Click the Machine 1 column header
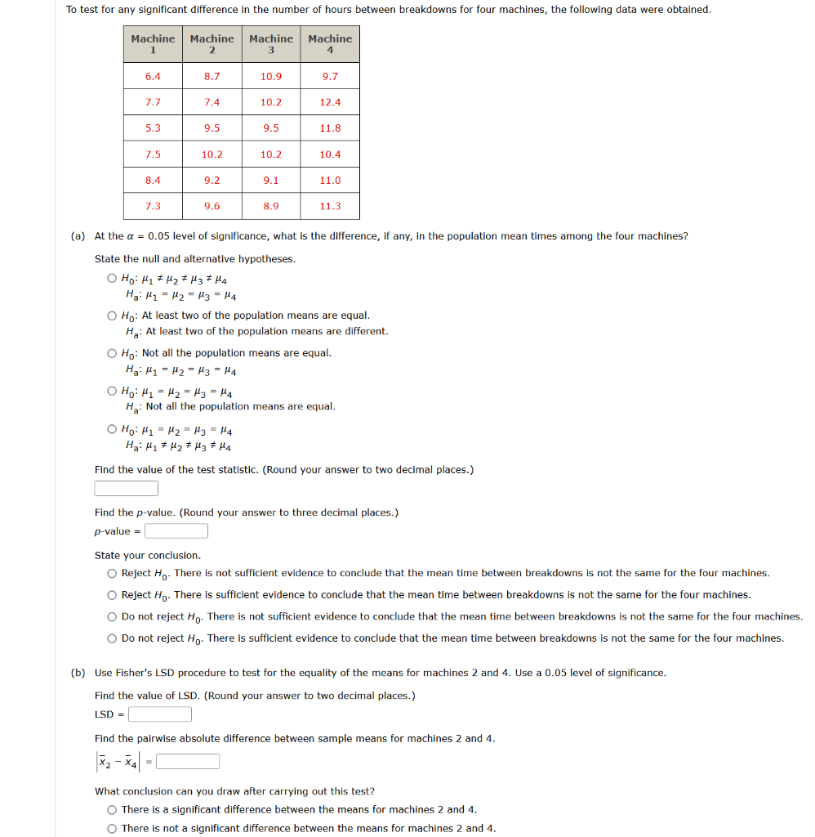pyautogui.click(x=153, y=44)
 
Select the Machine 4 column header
pyautogui.click(x=330, y=44)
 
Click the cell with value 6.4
pyautogui.click(x=153, y=76)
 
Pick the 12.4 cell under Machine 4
pyautogui.click(x=330, y=102)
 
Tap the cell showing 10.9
pyautogui.click(x=271, y=76)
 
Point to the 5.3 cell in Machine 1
pyautogui.click(x=153, y=128)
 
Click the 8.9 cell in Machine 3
pyautogui.click(x=271, y=206)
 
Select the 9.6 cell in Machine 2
pyautogui.click(x=212, y=206)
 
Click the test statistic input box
pyautogui.click(x=127, y=489)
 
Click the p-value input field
pyautogui.click(x=176, y=531)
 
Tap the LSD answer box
pyautogui.click(x=160, y=714)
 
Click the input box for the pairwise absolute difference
pyautogui.click(x=188, y=762)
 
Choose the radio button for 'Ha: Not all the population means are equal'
pyautogui.click(x=112, y=391)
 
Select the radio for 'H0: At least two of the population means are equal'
pyautogui.click(x=112, y=316)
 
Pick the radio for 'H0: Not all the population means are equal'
pyautogui.click(x=112, y=353)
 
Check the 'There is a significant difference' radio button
pyautogui.click(x=112, y=810)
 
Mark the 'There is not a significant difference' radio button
pyautogui.click(x=112, y=828)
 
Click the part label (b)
pyautogui.click(x=78, y=673)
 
